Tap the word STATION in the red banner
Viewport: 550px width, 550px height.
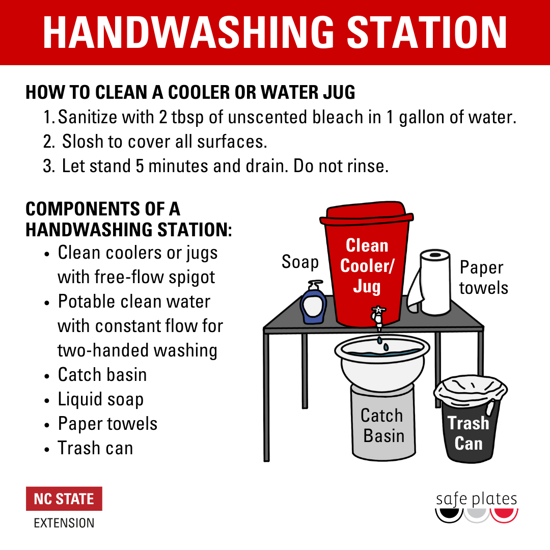[x=427, y=32]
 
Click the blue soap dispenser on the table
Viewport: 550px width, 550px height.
[x=313, y=302]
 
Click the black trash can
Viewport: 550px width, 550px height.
[x=471, y=419]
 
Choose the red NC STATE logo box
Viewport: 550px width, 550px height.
[x=64, y=499]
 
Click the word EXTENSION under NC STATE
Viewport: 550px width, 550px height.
[x=64, y=523]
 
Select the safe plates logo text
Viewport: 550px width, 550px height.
[x=476, y=499]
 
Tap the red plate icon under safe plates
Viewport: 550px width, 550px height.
[x=504, y=515]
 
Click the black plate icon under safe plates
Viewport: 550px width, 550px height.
[x=449, y=515]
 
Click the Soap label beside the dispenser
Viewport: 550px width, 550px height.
[x=300, y=262]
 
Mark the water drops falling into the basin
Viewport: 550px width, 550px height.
[x=382, y=343]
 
